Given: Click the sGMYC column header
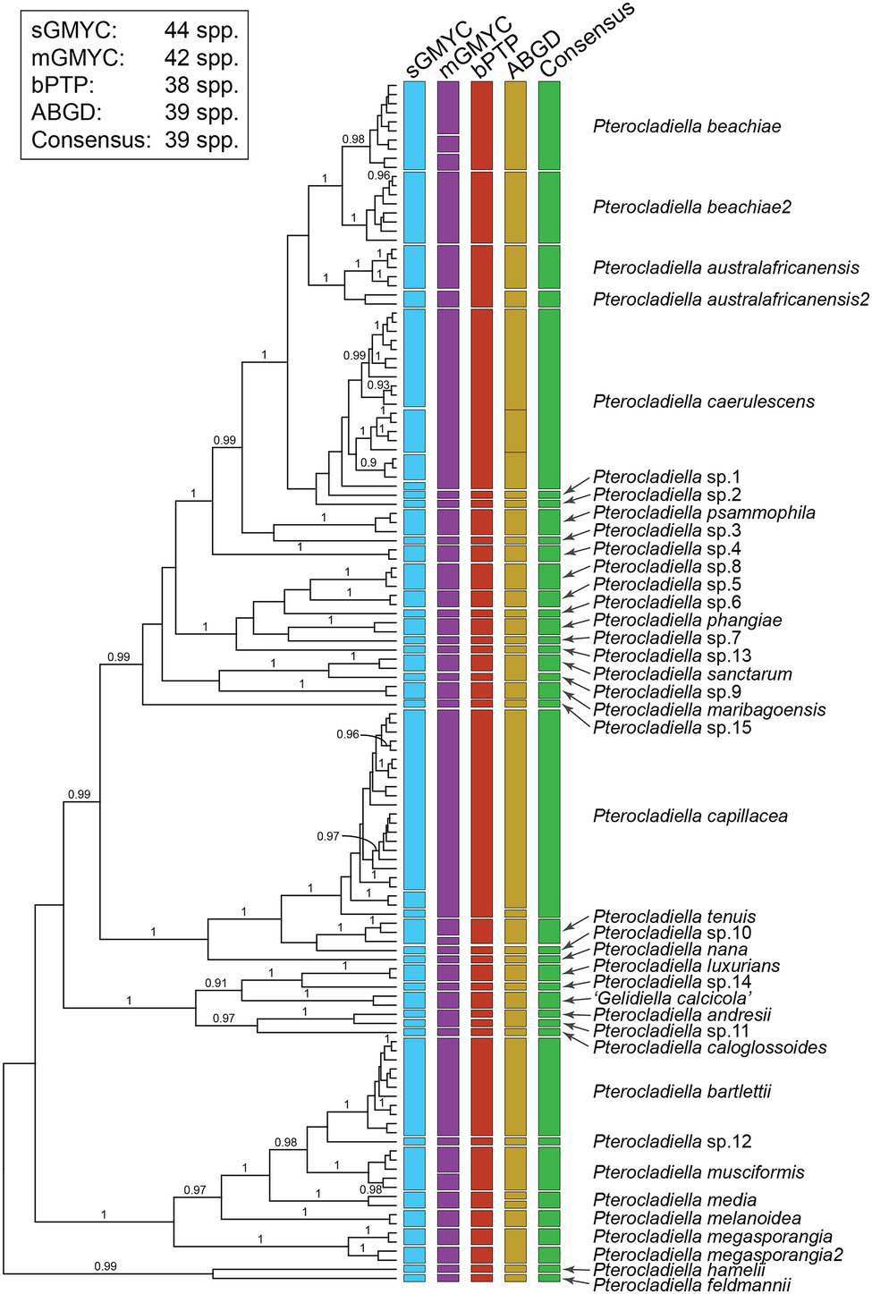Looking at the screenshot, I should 437,51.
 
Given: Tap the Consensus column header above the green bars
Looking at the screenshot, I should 586,39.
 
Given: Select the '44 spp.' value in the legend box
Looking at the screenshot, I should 201,30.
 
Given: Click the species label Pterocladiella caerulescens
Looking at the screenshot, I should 703,402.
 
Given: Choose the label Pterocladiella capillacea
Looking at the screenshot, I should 690,816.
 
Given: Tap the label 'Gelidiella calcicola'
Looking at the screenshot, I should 673,998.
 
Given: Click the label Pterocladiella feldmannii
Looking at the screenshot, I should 691,1285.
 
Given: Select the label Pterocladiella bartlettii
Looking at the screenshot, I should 682,1091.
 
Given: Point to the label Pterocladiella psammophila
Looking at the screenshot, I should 704,512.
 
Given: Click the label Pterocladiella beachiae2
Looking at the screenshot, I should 691,207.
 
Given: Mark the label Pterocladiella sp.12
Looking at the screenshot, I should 672,1141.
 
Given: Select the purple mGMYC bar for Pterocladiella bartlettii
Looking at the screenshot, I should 448,1086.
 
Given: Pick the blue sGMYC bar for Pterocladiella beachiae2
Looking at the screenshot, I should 414,207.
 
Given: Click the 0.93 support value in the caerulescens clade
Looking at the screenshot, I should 378,385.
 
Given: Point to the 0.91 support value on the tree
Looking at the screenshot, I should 216,983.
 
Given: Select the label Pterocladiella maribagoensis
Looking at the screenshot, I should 709,709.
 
